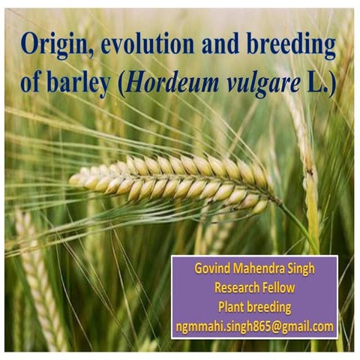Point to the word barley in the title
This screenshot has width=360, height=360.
80,82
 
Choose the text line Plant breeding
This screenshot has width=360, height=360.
254,307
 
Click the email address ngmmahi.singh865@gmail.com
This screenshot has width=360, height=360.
254,326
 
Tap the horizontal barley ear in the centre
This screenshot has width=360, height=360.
172,183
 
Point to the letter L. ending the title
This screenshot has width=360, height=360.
318,82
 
